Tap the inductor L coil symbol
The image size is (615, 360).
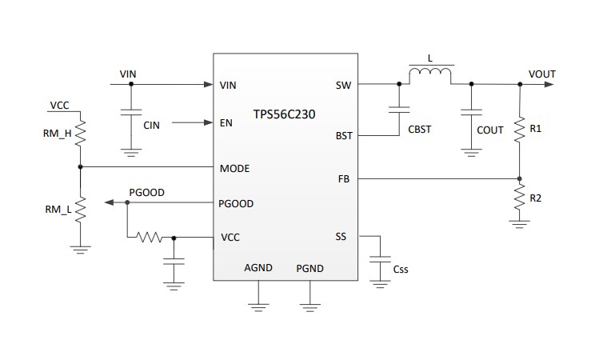point(430,75)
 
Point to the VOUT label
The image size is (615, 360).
point(541,74)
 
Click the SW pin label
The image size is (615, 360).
point(344,85)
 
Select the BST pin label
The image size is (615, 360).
point(343,137)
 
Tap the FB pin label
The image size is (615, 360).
point(345,179)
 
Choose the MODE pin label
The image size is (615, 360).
point(234,168)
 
